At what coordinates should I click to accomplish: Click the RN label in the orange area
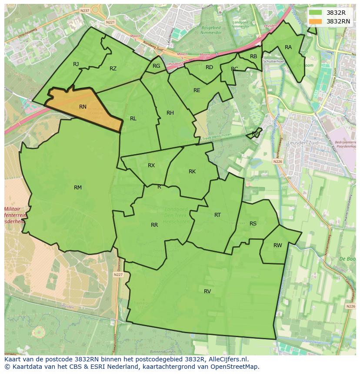click(x=83, y=106)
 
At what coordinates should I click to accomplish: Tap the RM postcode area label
click(x=78, y=188)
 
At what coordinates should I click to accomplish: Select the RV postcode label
click(x=207, y=291)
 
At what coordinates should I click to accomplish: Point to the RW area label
click(x=277, y=245)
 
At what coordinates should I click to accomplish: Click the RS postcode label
click(x=253, y=224)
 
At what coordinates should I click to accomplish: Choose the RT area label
click(x=217, y=215)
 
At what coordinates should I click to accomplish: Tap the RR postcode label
click(x=154, y=225)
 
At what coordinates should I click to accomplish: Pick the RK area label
click(x=192, y=172)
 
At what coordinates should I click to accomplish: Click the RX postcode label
click(x=151, y=165)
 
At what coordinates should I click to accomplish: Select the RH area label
click(x=170, y=113)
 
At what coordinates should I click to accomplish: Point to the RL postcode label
click(x=133, y=119)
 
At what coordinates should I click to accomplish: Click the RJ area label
click(x=76, y=64)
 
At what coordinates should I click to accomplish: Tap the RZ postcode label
click(x=113, y=69)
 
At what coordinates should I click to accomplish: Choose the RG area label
click(x=157, y=66)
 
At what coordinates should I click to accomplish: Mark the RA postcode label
click(x=288, y=47)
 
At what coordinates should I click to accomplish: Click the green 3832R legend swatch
click(x=315, y=13)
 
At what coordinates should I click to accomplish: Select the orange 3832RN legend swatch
click(x=315, y=21)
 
